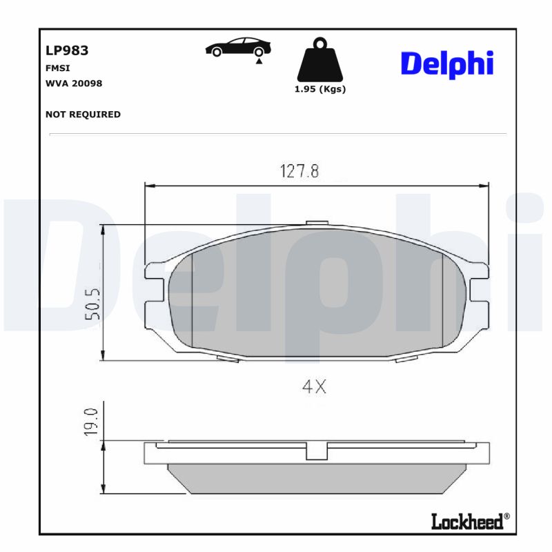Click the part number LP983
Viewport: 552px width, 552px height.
tap(66, 50)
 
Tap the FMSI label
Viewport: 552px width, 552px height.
tap(57, 68)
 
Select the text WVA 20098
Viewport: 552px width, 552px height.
tap(73, 83)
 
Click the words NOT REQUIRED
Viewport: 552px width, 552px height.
tap(83, 115)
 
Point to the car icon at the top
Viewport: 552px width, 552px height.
tap(238, 48)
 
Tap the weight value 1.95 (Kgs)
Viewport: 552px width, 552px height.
tap(320, 90)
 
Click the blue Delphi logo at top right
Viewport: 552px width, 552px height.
tap(446, 63)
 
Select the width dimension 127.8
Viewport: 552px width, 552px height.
tap(299, 171)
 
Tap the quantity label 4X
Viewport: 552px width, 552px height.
tap(314, 387)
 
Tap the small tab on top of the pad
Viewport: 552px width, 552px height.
tap(316, 223)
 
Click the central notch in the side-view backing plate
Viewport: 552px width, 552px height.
tap(315, 451)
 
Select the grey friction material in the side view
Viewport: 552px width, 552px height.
tap(316, 477)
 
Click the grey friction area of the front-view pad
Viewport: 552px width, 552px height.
tap(316, 297)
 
